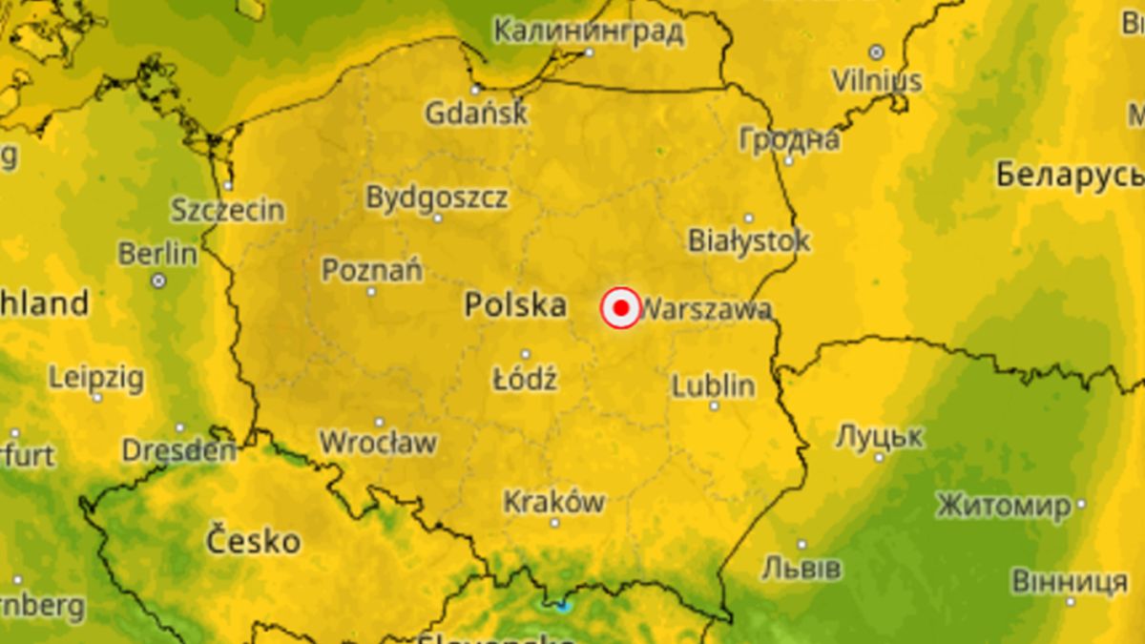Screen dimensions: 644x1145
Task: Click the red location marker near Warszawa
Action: (620, 308)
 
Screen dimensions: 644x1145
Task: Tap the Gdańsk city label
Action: (475, 114)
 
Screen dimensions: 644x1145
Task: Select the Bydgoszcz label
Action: (437, 197)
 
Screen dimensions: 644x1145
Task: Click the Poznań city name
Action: (371, 270)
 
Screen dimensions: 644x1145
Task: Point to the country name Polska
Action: (515, 305)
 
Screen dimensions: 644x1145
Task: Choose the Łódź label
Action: (525, 379)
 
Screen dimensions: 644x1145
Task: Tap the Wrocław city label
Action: (378, 443)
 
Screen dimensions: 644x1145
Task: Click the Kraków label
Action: (553, 501)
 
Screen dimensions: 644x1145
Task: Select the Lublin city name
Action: (713, 386)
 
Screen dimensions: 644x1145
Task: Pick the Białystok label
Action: (748, 239)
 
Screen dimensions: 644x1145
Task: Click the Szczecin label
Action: (227, 210)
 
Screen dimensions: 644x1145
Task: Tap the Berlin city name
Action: (157, 254)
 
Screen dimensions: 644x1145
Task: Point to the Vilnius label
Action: (877, 80)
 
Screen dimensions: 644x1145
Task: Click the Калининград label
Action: (589, 31)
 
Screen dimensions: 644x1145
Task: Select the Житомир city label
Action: (1003, 506)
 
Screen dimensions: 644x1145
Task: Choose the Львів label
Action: (801, 569)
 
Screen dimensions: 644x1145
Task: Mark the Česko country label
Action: (253, 542)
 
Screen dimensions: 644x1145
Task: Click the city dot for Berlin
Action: (158, 280)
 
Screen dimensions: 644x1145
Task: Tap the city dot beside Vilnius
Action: (876, 52)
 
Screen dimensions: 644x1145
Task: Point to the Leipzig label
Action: (96, 378)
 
